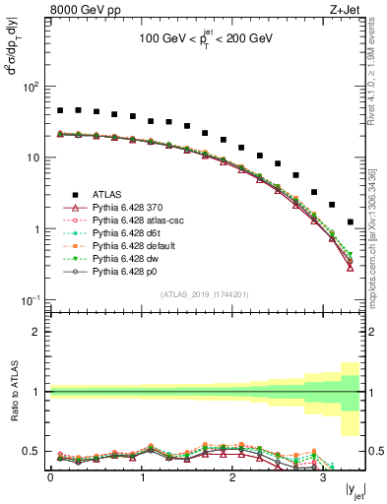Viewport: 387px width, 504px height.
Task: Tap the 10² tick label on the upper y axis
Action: (31, 87)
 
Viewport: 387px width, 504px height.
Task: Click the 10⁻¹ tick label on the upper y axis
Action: (31, 300)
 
